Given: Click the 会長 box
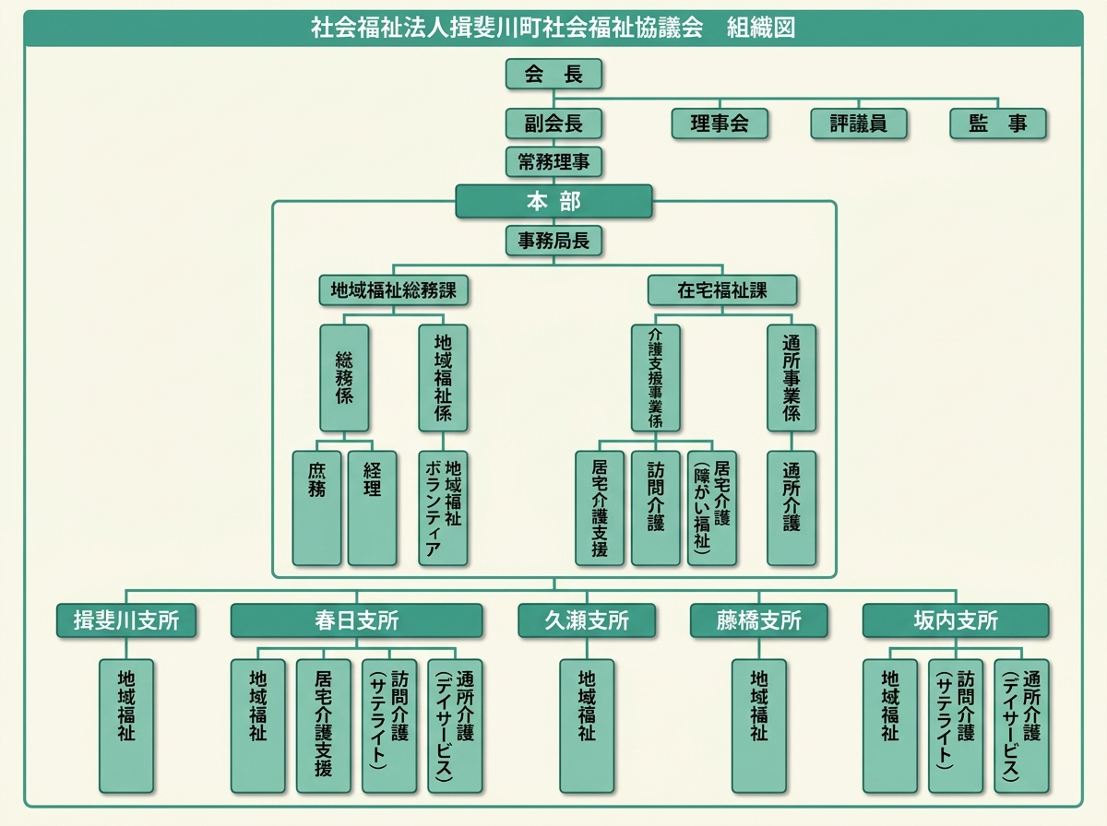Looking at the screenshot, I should (553, 75).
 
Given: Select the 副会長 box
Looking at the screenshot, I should (553, 124).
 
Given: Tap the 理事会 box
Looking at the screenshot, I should (720, 124).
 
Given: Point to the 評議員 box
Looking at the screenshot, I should (858, 124).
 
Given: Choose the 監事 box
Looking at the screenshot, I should (997, 124).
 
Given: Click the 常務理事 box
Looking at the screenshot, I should (553, 162).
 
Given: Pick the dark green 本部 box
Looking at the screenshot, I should (553, 201).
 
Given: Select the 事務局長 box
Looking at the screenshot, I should (553, 241).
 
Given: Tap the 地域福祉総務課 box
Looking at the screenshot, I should (393, 290).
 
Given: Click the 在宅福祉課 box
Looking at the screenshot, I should (721, 290).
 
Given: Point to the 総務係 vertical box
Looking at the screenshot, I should (344, 378).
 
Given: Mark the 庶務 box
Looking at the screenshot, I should (316, 507).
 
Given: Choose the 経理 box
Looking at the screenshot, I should (372, 507).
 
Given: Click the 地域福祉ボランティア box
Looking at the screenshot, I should (443, 507).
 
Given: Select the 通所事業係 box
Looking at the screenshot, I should (792, 378).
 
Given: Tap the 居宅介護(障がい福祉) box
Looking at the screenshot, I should (712, 507).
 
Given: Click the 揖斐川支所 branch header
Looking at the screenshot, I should (126, 620).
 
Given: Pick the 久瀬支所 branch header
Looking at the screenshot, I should (586, 620).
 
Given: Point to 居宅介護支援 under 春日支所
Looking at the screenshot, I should (323, 725).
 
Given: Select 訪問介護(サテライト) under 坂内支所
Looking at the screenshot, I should (955, 725).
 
